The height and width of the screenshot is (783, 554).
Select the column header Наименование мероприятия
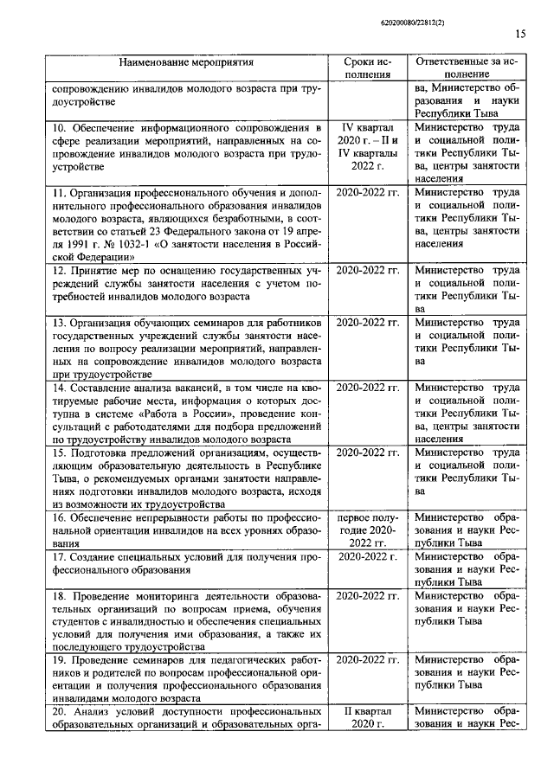click(x=186, y=64)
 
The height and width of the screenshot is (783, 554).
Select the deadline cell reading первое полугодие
click(x=367, y=529)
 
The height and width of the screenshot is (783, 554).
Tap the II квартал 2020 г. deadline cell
click(x=367, y=717)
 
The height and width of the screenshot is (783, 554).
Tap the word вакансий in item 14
click(x=190, y=387)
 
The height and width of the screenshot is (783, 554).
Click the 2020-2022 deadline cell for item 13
click(x=367, y=323)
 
